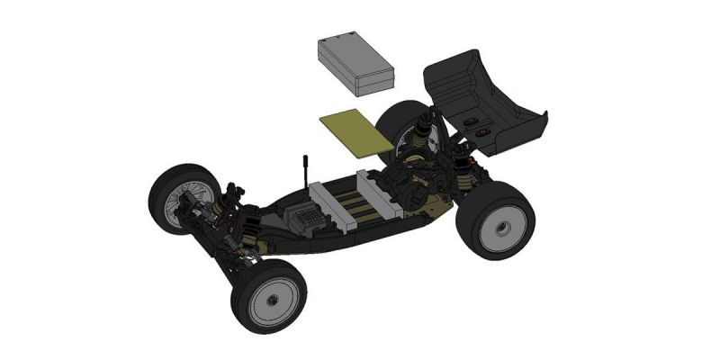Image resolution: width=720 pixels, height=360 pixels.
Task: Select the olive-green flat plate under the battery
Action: pos(355,131)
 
